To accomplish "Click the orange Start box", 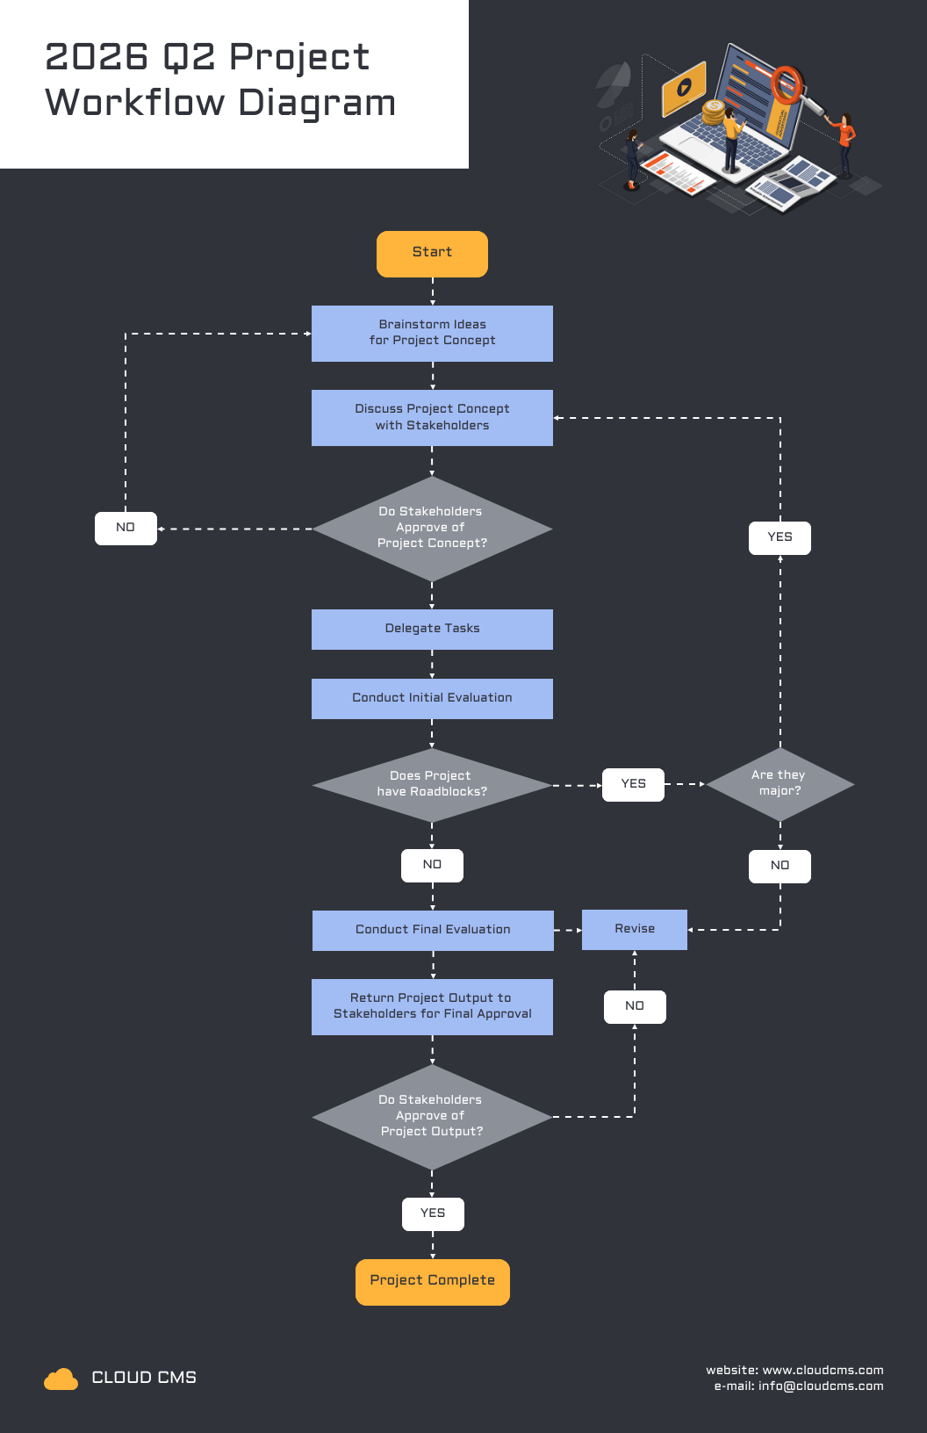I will (432, 254).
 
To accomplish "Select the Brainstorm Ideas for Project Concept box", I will (432, 333).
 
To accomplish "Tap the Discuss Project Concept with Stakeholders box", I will (432, 417).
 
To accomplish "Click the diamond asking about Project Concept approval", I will (432, 528).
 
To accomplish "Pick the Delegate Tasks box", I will (432, 629).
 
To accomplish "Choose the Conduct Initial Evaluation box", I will (432, 698).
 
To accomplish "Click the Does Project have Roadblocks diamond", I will (432, 784).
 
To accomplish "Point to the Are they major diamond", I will (780, 783).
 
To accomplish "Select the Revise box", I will (634, 929).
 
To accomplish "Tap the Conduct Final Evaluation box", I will (433, 930).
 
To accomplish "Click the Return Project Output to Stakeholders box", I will (432, 1006).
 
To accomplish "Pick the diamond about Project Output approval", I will (432, 1116).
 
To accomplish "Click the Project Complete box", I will (432, 1281).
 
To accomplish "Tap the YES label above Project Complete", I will (433, 1213).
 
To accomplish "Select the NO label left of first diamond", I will (126, 528).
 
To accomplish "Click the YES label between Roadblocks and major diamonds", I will (633, 784).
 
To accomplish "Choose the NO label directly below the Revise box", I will (635, 1006).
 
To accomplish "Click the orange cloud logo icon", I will (61, 1379).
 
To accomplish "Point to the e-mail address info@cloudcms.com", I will (820, 1386).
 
